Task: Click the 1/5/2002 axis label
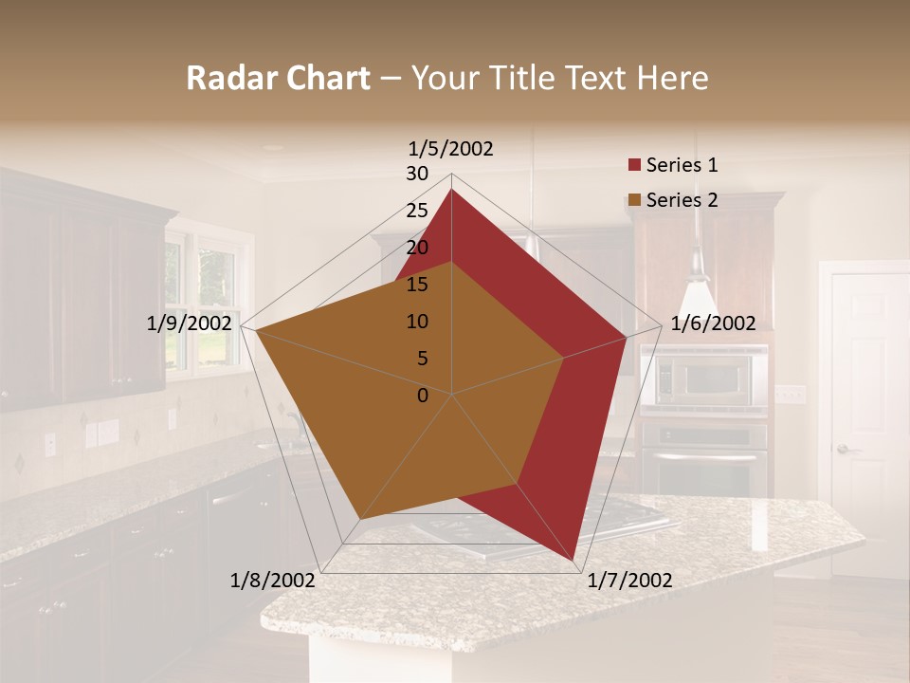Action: coord(451,149)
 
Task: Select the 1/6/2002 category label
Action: coord(713,323)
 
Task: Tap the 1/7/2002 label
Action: coord(629,581)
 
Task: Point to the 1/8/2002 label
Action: coord(272,581)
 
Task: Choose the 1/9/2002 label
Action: coord(189,323)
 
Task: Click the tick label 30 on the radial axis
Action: coord(417,174)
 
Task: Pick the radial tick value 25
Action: coord(417,211)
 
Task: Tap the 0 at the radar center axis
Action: coord(423,395)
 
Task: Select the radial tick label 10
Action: coord(417,322)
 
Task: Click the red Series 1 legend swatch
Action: coord(634,166)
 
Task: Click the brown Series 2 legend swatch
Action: coord(634,200)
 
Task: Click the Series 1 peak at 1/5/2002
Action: coord(451,190)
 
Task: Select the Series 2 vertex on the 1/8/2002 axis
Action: coord(361,518)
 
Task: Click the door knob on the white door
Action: coord(842,449)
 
